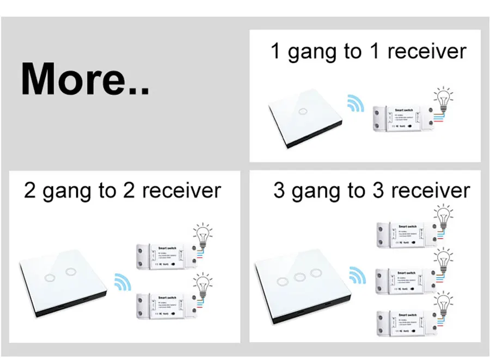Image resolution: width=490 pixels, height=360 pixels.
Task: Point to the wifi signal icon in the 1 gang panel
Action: pyautogui.click(x=356, y=103)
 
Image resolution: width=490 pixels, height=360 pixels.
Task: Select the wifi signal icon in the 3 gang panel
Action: pyautogui.click(x=357, y=275)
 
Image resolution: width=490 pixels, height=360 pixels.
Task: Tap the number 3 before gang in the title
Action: pyautogui.click(x=279, y=191)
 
